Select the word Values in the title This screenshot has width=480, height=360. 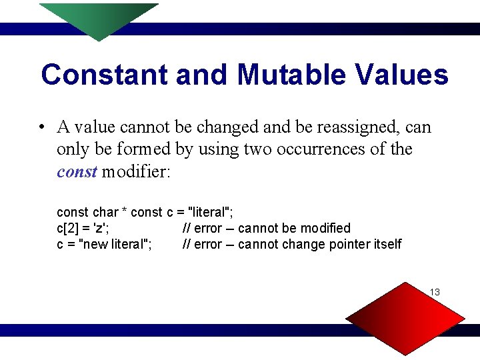[406, 75]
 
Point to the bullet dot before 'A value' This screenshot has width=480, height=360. [41, 127]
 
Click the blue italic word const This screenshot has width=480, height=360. [77, 172]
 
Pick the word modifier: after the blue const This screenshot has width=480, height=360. [137, 172]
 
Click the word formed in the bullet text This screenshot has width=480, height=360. [146, 149]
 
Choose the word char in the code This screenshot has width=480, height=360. [104, 212]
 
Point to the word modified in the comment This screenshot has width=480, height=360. [324, 228]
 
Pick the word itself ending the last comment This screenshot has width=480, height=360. [388, 244]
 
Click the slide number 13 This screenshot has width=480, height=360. [435, 292]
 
